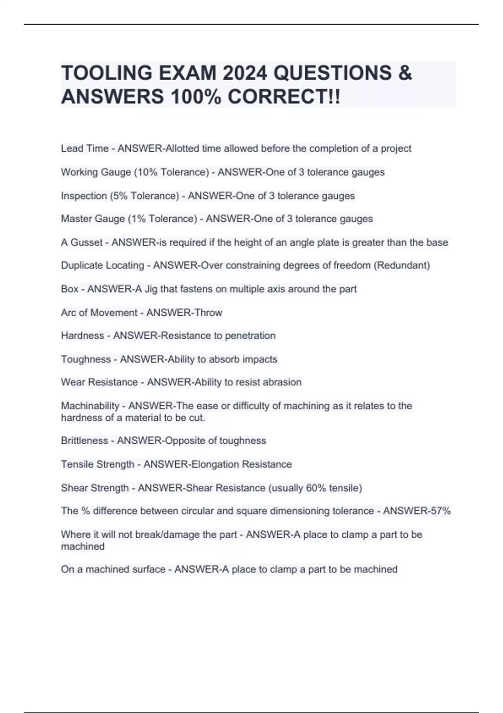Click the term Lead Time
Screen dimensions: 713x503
85,148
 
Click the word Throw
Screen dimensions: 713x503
208,312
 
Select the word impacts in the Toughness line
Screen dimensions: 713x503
260,359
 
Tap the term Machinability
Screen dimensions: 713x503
90,406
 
